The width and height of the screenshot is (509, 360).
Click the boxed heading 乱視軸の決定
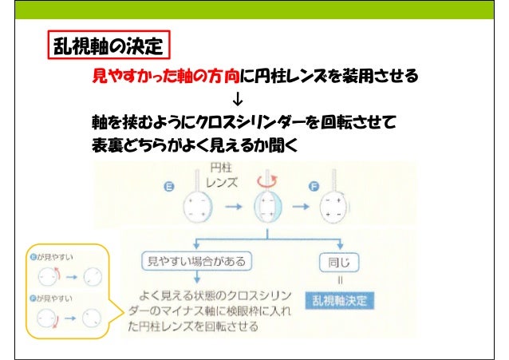[x=109, y=47]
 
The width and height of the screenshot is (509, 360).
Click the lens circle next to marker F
[x=336, y=210]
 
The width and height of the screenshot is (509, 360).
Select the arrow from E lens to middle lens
[x=232, y=208]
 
